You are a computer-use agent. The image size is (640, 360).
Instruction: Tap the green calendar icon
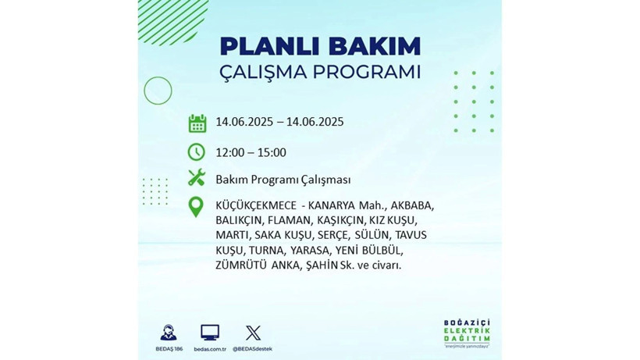(x=197, y=123)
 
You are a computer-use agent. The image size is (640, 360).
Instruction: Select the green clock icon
(x=197, y=151)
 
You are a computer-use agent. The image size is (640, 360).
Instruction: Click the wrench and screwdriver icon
(x=197, y=179)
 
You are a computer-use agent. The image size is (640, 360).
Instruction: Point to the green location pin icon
(x=197, y=207)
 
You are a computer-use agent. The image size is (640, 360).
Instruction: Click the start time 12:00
(x=230, y=152)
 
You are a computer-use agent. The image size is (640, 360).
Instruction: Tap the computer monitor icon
(x=210, y=332)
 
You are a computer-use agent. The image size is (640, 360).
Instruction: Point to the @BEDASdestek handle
(x=253, y=348)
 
